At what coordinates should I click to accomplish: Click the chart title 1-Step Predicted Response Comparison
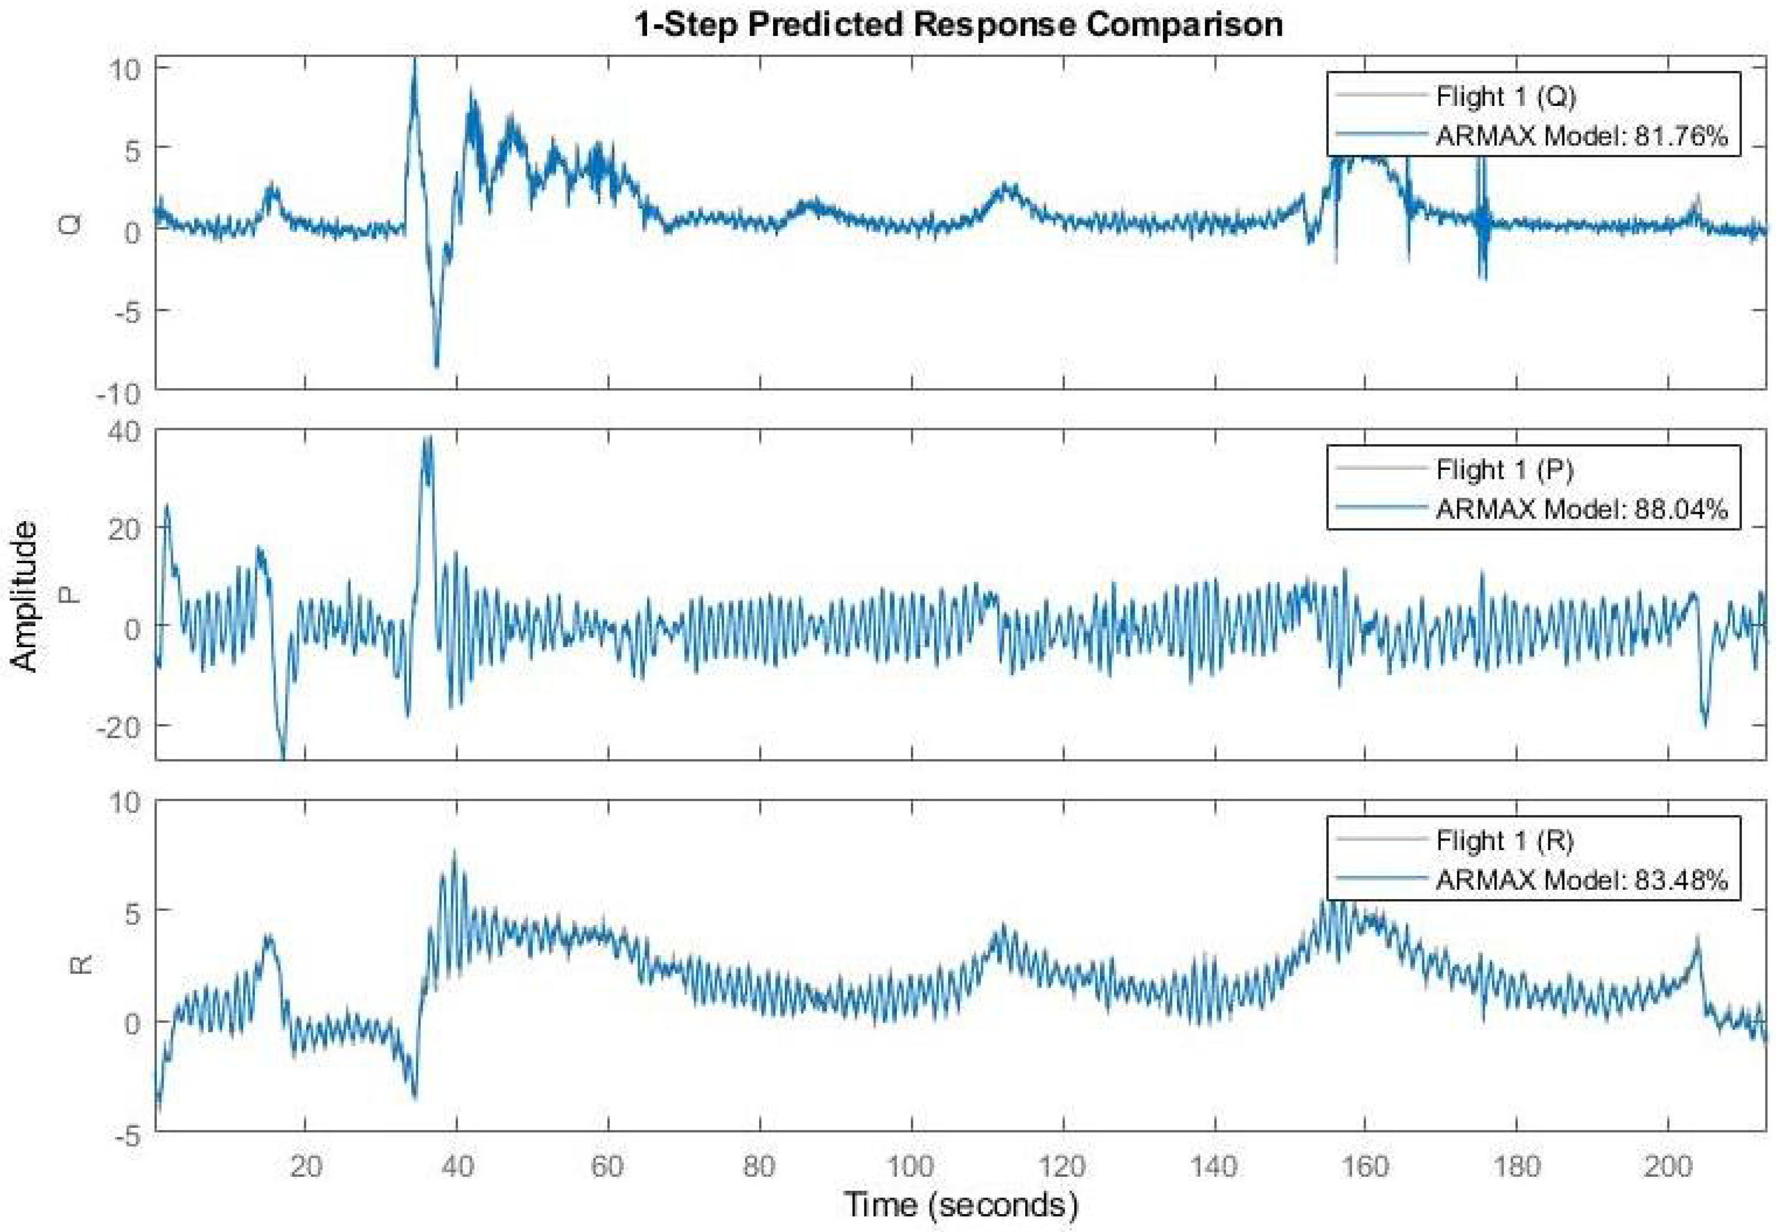point(958,25)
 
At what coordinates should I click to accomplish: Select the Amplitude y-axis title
point(25,596)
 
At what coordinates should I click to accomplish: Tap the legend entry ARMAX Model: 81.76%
point(1581,136)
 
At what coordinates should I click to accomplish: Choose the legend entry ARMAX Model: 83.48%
point(1581,880)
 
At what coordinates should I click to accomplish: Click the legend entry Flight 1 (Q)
point(1505,96)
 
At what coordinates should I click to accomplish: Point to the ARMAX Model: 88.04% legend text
point(1581,509)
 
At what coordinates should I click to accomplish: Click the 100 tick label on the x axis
point(911,1166)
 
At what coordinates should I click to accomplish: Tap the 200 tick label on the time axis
point(1668,1166)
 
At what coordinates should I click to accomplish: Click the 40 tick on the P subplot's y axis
point(123,431)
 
